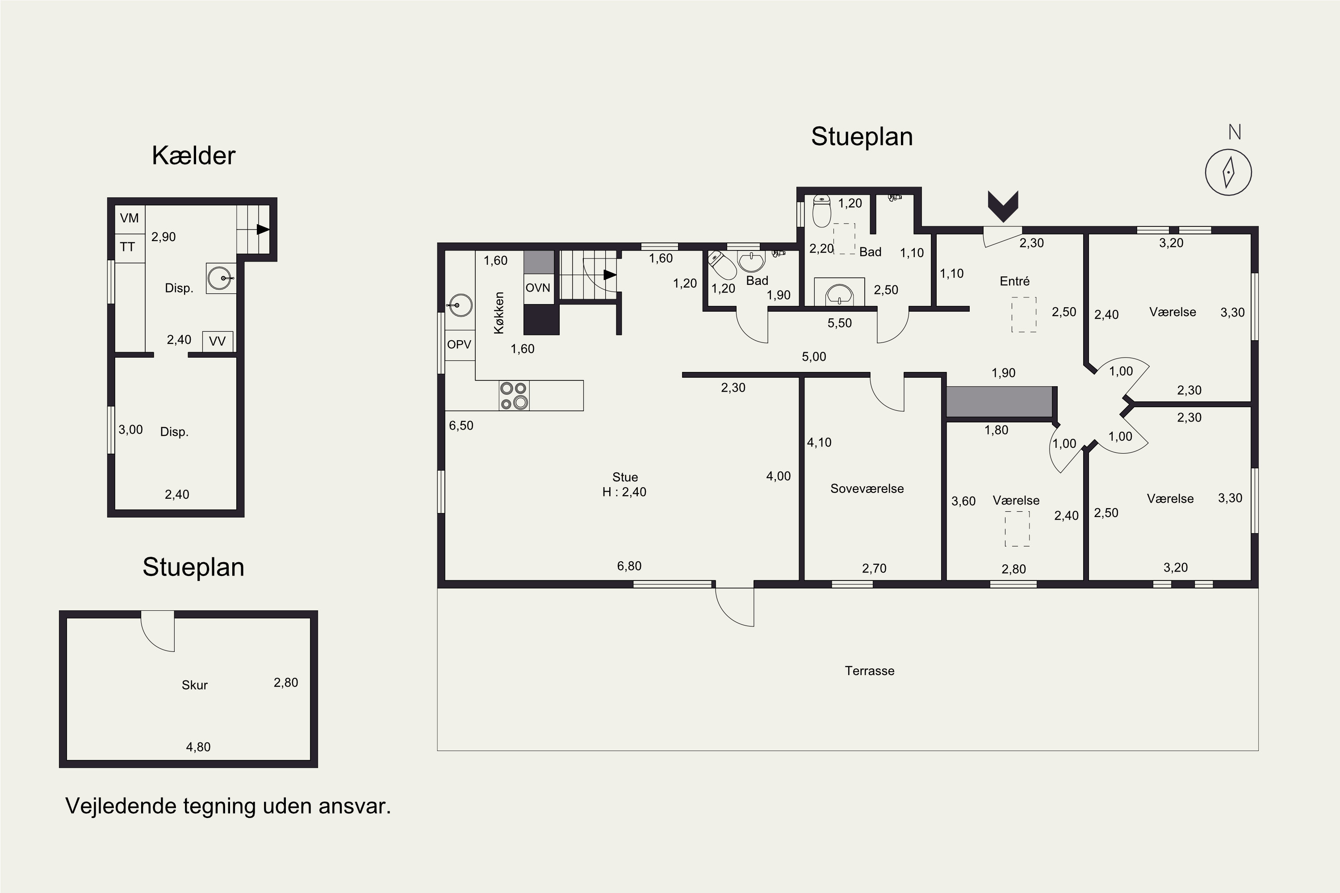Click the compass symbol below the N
point(1228,172)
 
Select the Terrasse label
point(869,671)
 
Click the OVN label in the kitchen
point(538,288)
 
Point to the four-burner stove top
point(514,395)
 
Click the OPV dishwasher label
point(459,345)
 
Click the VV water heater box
point(218,341)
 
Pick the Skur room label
point(194,685)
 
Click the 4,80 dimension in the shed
point(198,747)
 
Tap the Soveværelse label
point(867,488)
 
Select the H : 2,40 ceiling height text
point(624,492)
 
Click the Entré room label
point(1015,281)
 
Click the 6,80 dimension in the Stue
point(629,566)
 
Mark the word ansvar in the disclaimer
point(354,807)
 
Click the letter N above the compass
point(1235,132)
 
